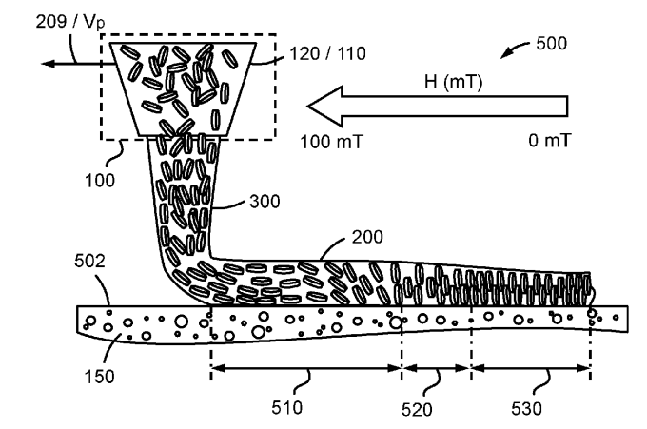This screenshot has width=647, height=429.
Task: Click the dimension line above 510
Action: pos(305,366)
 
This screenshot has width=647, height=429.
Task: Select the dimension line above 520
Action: pos(437,366)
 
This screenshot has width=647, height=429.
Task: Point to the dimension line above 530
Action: pos(531,366)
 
